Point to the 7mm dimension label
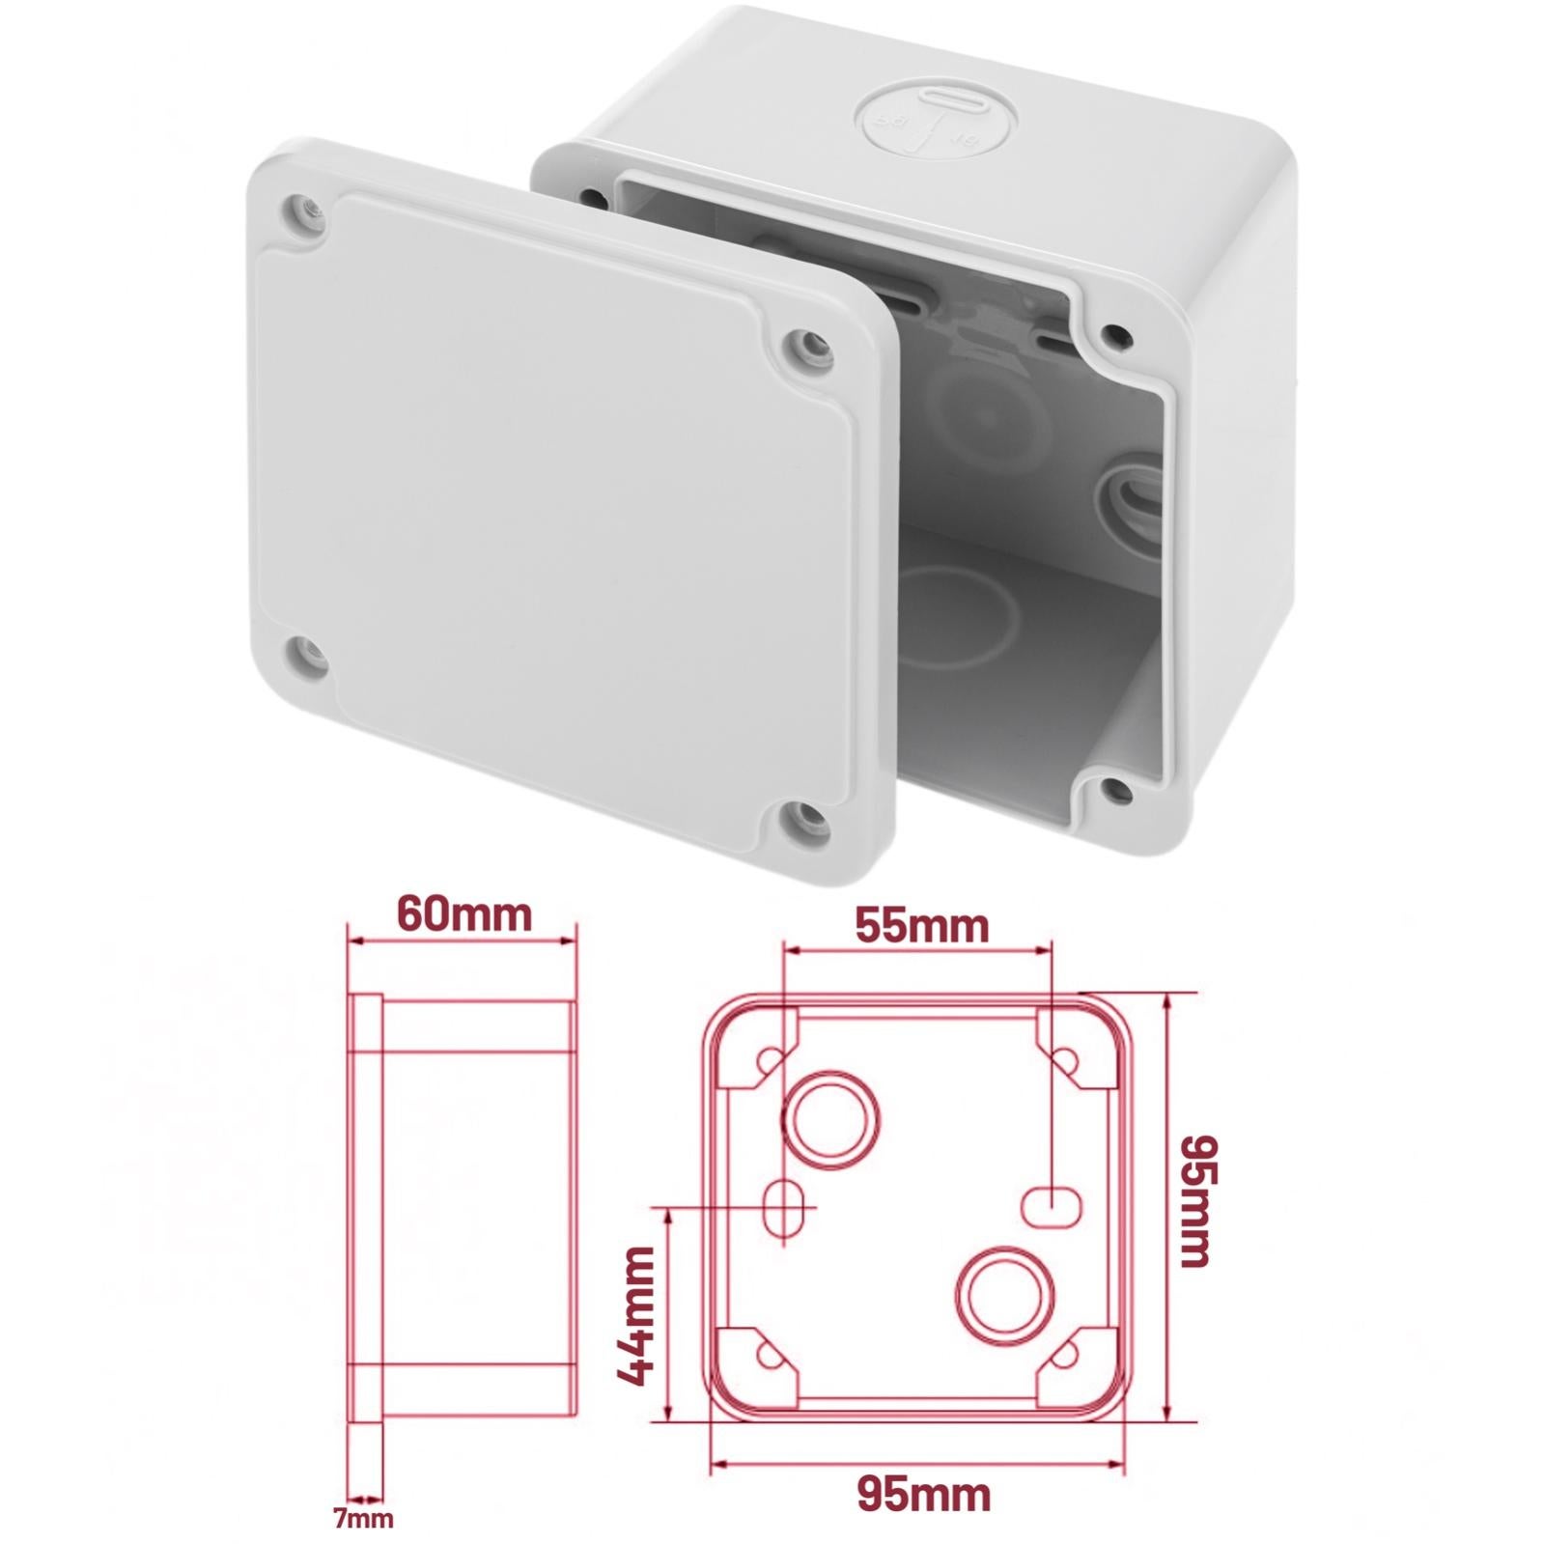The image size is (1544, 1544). pyautogui.click(x=363, y=1519)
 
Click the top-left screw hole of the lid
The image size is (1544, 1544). pyautogui.click(x=302, y=211)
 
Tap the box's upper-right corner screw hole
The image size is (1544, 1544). pyautogui.click(x=1117, y=335)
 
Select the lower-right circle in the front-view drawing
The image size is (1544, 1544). pyautogui.click(x=1004, y=1292)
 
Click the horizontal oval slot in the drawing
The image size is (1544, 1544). pyautogui.click(x=1051, y=1207)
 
